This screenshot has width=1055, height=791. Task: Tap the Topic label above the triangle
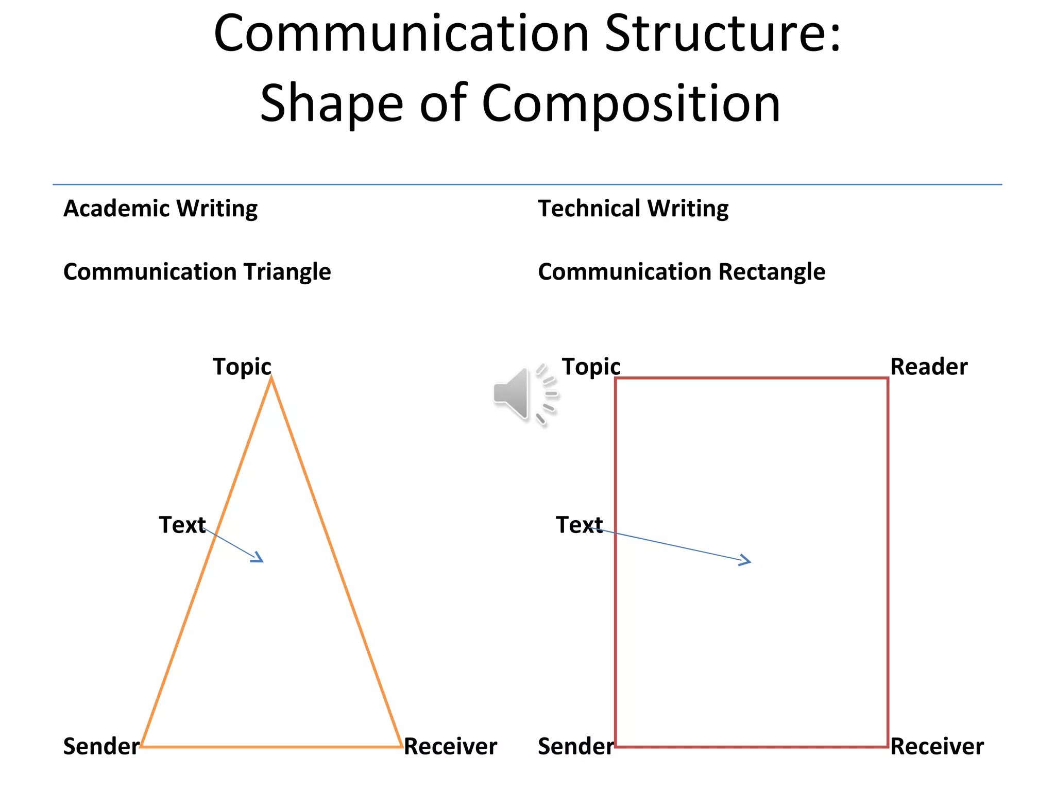(x=242, y=367)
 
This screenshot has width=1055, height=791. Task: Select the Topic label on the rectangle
(x=591, y=367)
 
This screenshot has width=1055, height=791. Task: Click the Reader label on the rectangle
(x=928, y=367)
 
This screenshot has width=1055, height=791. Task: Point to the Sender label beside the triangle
(x=101, y=746)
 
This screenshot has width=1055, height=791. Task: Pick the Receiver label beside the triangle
(x=450, y=746)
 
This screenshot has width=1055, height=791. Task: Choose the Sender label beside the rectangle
(x=575, y=746)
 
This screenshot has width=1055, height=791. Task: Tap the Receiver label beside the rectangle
(x=937, y=746)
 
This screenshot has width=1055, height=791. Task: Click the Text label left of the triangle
(x=182, y=525)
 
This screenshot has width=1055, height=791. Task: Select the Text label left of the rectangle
(x=579, y=525)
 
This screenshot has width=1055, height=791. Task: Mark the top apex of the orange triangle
(x=271, y=378)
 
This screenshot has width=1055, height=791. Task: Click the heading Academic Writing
(x=160, y=209)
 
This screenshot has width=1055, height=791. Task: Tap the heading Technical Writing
(x=633, y=209)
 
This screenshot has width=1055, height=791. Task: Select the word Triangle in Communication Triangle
(x=287, y=272)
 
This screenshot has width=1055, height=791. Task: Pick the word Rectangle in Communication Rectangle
(x=772, y=272)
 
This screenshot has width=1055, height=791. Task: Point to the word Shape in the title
(x=331, y=104)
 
